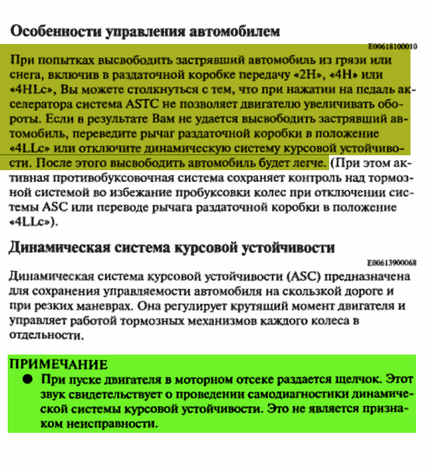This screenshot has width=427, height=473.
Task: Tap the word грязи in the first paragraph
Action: pyautogui.click(x=351, y=59)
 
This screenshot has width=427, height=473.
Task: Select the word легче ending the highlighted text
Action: pyautogui.click(x=308, y=163)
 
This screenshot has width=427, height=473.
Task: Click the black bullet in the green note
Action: pyautogui.click(x=26, y=380)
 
